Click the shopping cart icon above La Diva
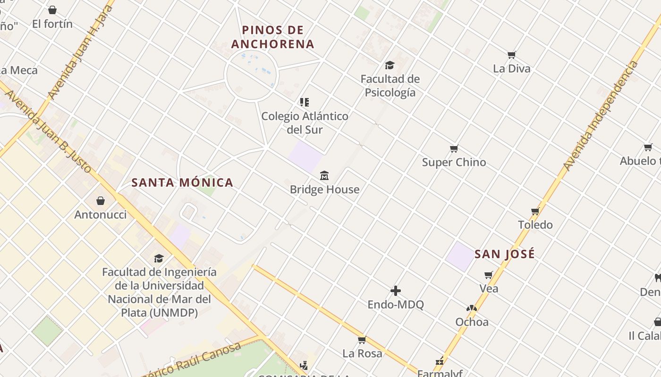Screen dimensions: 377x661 click(x=512, y=55)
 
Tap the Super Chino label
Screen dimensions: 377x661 click(x=454, y=162)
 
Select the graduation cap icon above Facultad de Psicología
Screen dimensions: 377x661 click(x=390, y=65)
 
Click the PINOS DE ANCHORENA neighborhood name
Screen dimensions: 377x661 click(x=273, y=37)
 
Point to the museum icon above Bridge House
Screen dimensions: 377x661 click(x=324, y=176)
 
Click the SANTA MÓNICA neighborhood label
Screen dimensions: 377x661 click(x=182, y=182)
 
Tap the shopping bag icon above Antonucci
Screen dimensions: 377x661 click(x=101, y=201)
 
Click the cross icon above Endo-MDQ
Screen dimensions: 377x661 click(x=396, y=291)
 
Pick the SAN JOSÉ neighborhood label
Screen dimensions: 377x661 click(x=505, y=254)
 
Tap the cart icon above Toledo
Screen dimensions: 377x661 click(x=535, y=211)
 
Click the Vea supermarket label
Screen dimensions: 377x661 click(x=489, y=288)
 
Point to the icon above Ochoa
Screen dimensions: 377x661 click(x=471, y=308)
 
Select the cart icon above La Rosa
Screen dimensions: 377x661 click(x=362, y=340)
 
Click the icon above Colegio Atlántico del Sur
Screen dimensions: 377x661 click(x=305, y=102)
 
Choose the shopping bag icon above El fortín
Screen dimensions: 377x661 click(x=52, y=10)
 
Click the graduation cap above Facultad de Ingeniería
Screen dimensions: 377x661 click(x=159, y=258)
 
